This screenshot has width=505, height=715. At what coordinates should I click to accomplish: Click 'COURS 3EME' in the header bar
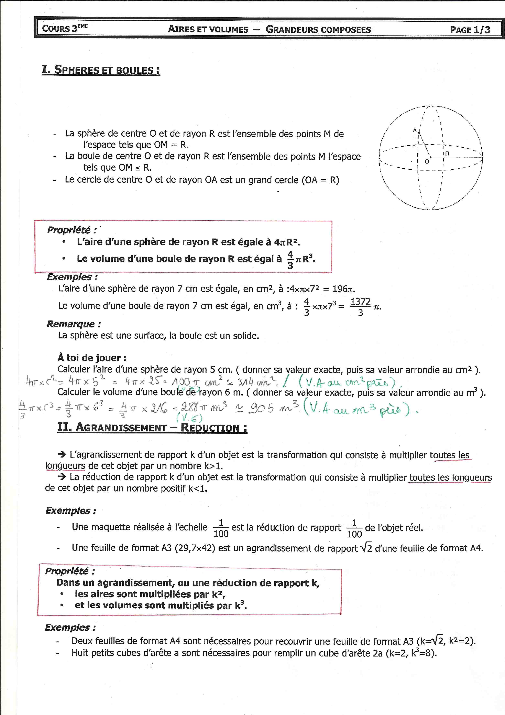[65, 28]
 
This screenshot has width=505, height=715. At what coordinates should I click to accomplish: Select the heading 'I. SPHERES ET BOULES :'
[101, 70]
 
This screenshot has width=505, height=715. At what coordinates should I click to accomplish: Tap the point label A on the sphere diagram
[415, 130]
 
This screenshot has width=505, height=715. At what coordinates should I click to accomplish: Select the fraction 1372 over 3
[360, 307]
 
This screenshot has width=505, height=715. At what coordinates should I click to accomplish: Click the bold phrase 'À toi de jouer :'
[92, 358]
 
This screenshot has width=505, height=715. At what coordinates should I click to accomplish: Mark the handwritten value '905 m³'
[274, 408]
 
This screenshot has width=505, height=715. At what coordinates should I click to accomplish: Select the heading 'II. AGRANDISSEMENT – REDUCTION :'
[152, 427]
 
